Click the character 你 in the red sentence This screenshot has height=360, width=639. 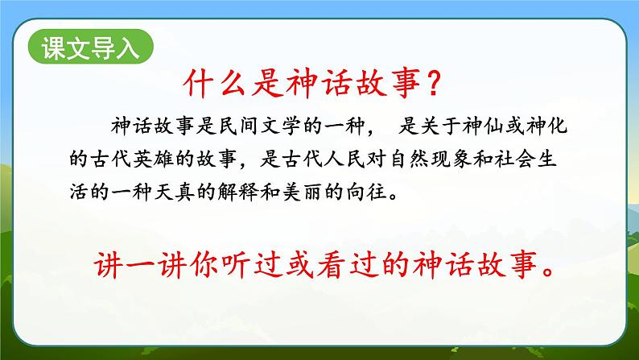201,266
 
